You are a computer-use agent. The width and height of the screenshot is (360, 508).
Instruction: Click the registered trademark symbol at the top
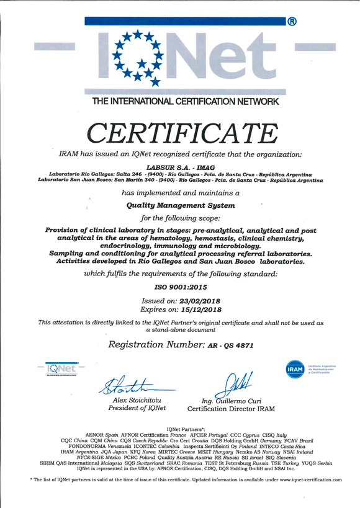point(292,22)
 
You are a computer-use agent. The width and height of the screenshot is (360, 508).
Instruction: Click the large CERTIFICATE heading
point(182,131)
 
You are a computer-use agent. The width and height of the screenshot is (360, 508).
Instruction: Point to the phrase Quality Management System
point(181,205)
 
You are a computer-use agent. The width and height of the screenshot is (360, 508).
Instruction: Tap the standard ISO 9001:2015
point(181,287)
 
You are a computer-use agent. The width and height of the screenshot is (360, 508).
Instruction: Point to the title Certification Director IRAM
point(230,409)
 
